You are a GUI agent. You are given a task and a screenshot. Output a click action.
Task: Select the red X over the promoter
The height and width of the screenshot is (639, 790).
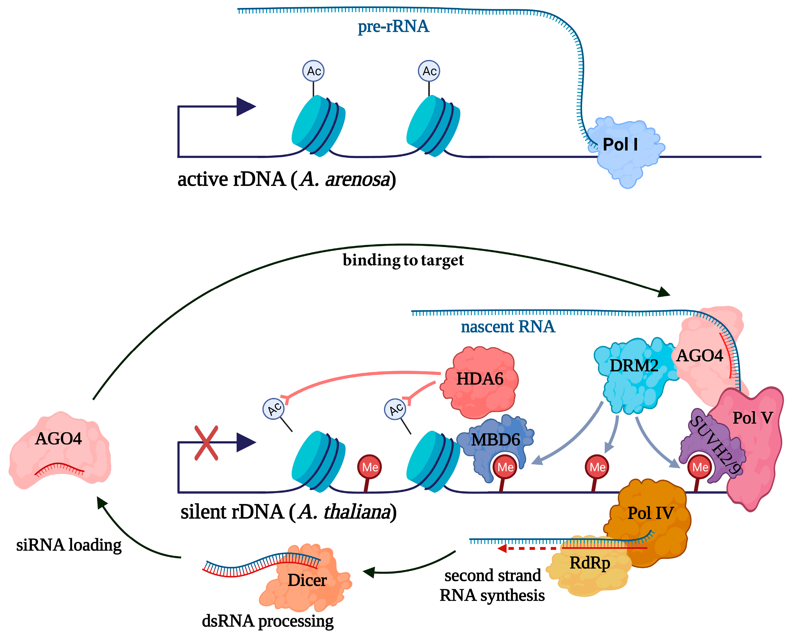pyautogui.click(x=206, y=443)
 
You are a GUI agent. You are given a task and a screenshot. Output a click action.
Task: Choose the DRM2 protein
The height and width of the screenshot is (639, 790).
pyautogui.click(x=634, y=372)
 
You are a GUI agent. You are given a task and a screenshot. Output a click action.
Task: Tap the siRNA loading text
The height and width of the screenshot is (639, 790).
pyautogui.click(x=69, y=545)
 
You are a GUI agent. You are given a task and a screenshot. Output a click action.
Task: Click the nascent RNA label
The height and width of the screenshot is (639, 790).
pyautogui.click(x=507, y=327)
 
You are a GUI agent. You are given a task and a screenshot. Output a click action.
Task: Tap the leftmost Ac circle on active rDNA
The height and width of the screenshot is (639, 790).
pyautogui.click(x=313, y=71)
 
